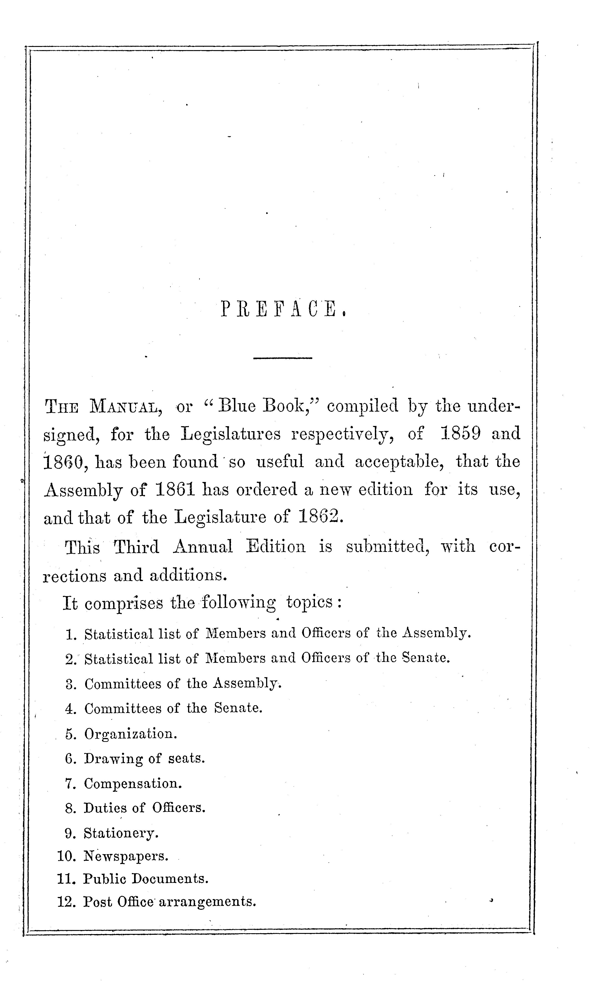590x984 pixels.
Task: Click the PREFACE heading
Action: [x=283, y=309]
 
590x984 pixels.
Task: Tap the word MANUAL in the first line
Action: [x=126, y=407]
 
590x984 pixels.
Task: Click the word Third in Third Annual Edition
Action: [x=136, y=547]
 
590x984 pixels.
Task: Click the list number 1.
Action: [x=71, y=634]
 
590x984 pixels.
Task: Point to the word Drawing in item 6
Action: [x=113, y=759]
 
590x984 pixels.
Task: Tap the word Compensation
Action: [x=132, y=784]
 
